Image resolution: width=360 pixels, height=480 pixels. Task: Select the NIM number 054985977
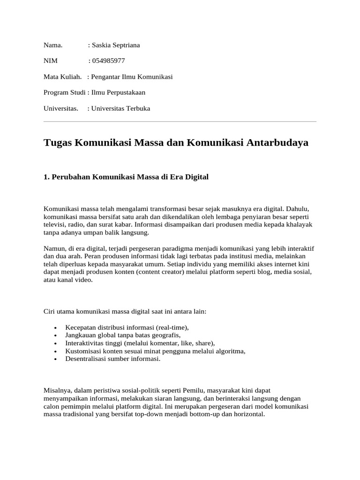point(108,61)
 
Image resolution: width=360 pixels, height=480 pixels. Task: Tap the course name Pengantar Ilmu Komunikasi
point(132,76)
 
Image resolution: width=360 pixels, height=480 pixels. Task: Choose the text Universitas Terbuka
point(121,108)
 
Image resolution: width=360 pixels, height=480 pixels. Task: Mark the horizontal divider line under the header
point(180,122)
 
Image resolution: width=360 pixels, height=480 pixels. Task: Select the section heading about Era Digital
point(126,177)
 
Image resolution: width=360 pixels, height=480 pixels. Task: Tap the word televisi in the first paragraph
point(55,224)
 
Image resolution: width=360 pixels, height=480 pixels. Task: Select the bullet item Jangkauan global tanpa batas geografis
point(123,335)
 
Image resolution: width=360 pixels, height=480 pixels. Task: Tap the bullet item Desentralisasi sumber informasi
point(113,359)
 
